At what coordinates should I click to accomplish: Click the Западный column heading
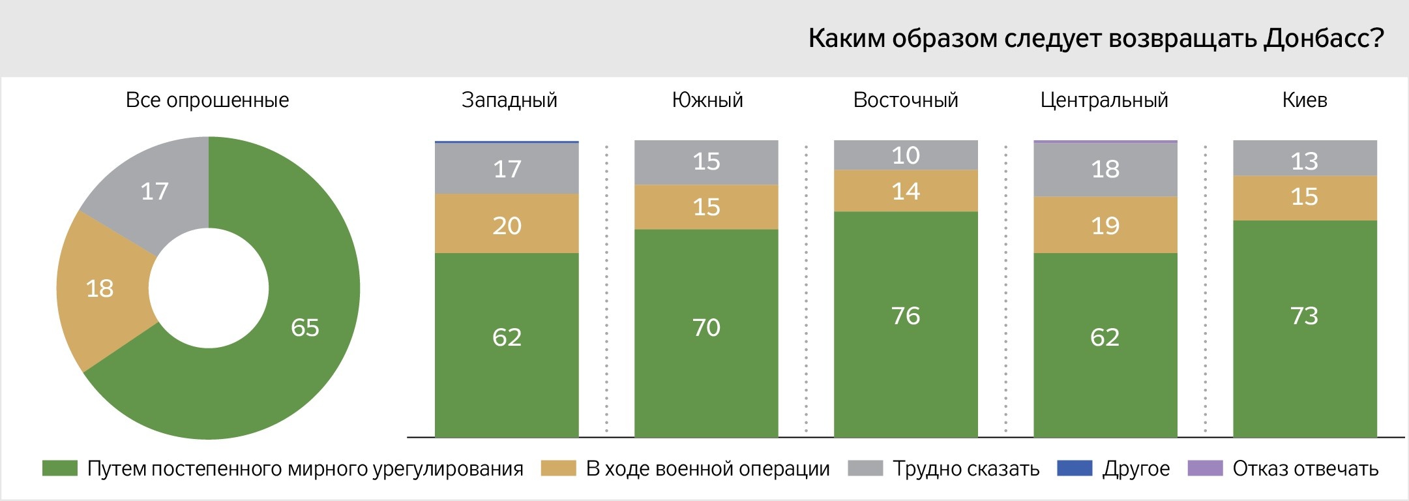(x=509, y=100)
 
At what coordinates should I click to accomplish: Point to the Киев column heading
(x=1304, y=100)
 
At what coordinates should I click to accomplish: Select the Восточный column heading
(x=906, y=100)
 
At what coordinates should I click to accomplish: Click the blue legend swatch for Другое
(x=1074, y=468)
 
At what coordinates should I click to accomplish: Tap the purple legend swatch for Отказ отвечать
(x=1205, y=468)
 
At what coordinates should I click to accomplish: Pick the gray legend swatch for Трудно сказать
(x=865, y=468)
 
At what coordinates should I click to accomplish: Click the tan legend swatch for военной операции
(x=558, y=468)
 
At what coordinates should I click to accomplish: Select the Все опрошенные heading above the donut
(x=207, y=100)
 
